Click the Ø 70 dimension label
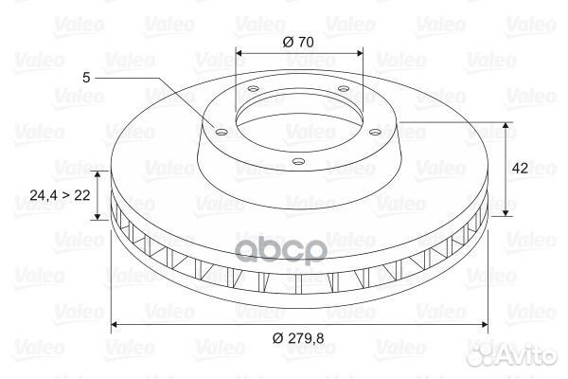tap(298, 42)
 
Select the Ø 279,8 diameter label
tap(298, 338)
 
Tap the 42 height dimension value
tap(520, 168)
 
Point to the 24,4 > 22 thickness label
tap(60, 195)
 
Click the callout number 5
tap(86, 78)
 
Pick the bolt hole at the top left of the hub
tap(253, 89)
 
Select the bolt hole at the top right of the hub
tap(343, 88)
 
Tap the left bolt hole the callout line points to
tap(221, 132)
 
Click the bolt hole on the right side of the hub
tap(376, 133)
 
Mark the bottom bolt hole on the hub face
tap(298, 162)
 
